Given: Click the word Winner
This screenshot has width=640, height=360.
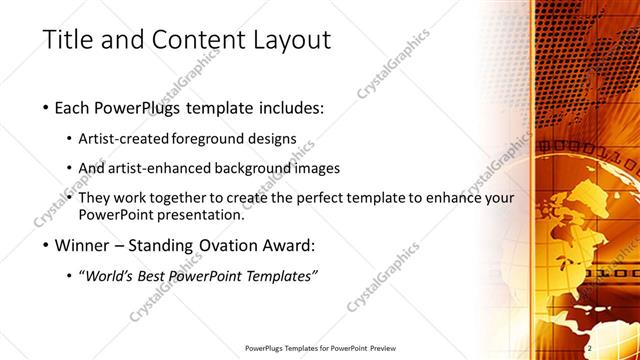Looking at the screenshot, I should click(x=85, y=245).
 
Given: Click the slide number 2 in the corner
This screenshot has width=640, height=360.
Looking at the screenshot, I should click(x=589, y=347).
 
